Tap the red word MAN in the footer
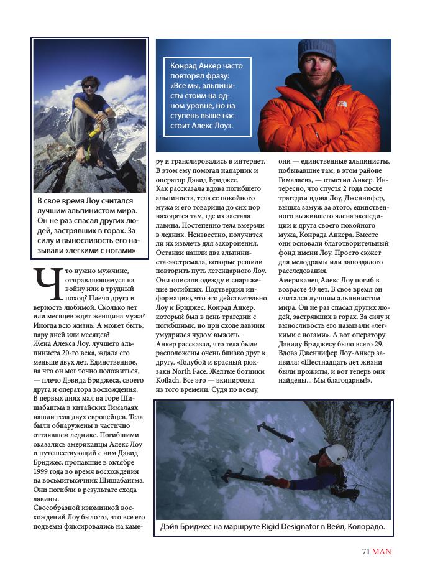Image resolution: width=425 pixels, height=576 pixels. click(382, 551)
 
